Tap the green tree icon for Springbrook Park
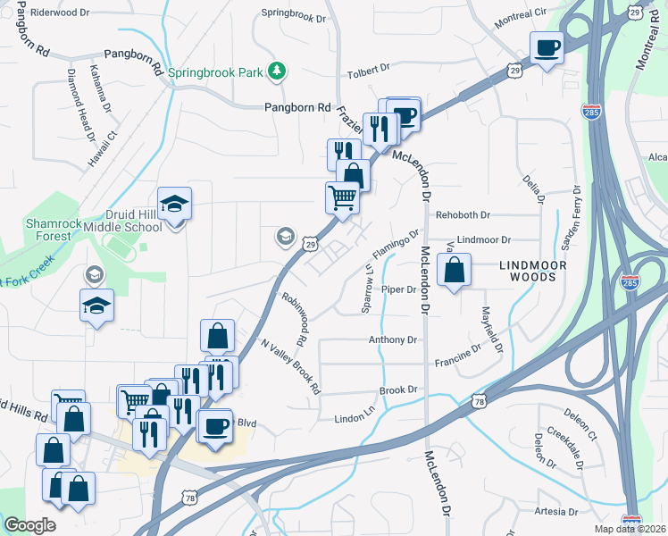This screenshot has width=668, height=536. click(x=279, y=70)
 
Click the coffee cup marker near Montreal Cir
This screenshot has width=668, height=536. click(x=547, y=46)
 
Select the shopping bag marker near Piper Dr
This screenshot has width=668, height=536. click(x=455, y=269)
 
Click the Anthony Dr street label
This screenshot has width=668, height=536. click(x=393, y=340)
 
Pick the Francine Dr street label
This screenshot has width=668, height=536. click(x=458, y=362)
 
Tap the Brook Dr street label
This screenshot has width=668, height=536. click(x=398, y=390)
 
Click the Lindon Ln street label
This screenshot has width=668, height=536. click(x=355, y=418)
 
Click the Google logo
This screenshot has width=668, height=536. click(x=29, y=525)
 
